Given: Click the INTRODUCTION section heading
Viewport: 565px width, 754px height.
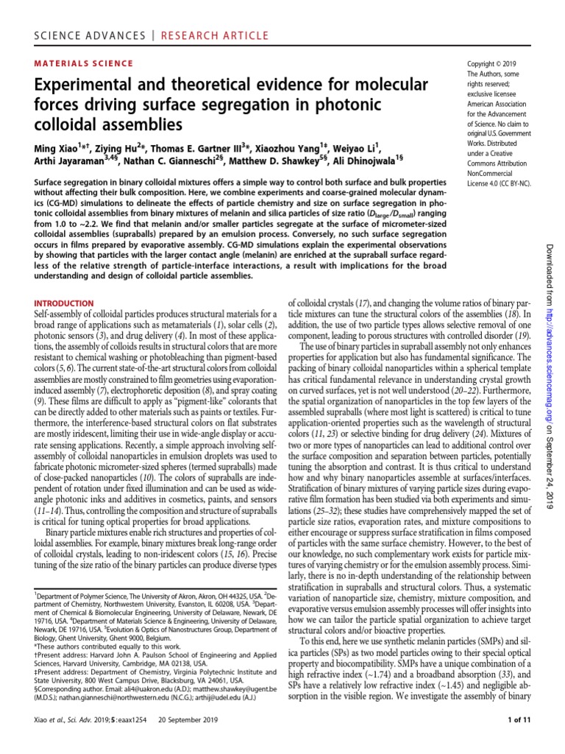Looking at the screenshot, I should point(64,303).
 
